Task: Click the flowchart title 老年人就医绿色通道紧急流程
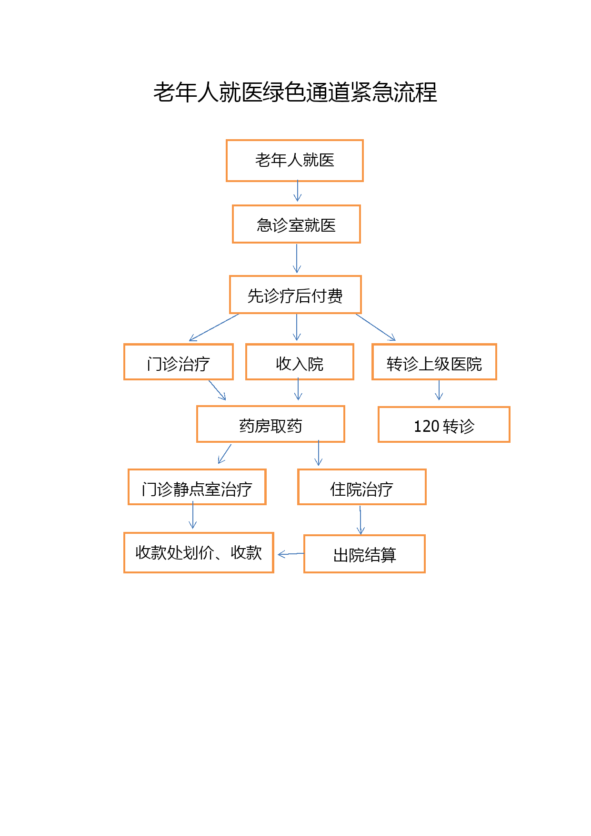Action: tap(295, 92)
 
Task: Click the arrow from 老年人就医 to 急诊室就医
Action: tap(298, 191)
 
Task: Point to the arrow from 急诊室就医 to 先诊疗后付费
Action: tap(297, 258)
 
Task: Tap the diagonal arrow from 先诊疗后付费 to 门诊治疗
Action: tap(214, 327)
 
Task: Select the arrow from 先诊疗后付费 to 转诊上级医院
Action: tap(376, 327)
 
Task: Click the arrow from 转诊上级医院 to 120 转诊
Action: tap(439, 390)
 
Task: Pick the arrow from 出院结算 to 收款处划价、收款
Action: tap(291, 554)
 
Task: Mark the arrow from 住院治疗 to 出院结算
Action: tap(361, 520)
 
